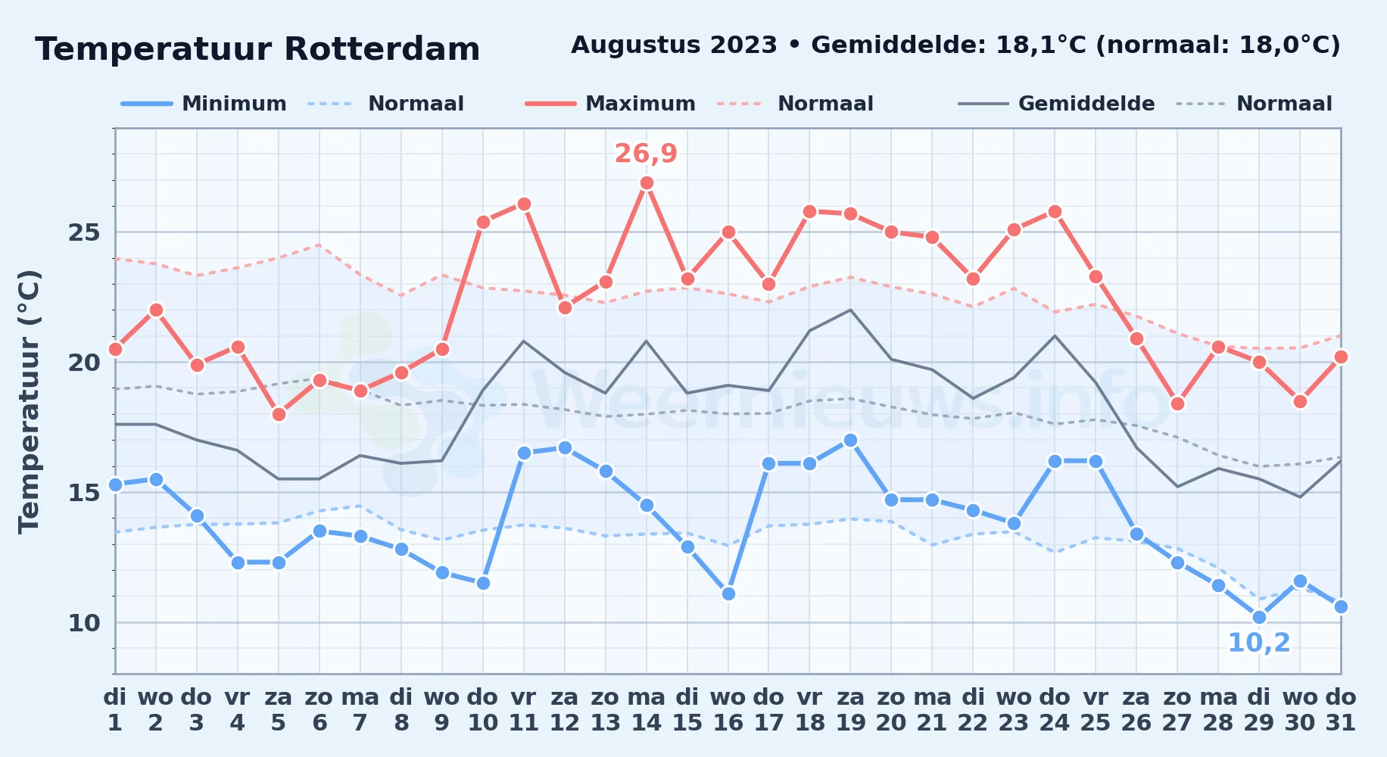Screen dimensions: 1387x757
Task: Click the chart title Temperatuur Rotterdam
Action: [x=257, y=49]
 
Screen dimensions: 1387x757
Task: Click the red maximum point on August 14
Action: [x=647, y=182]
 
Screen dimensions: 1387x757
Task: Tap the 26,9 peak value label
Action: [x=646, y=154]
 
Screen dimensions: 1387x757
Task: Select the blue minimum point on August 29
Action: [x=1259, y=617]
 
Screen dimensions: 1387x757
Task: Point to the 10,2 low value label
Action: [x=1259, y=643]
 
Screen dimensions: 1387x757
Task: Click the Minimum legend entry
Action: [x=204, y=104]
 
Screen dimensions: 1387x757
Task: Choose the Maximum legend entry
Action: [x=610, y=104]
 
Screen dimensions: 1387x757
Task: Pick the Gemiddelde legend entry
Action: [x=1057, y=104]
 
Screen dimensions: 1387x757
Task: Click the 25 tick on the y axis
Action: [x=84, y=232]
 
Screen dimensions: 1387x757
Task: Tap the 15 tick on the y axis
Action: [x=84, y=493]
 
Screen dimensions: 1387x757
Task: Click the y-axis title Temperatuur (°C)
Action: [x=29, y=402]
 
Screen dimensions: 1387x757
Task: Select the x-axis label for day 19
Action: [x=850, y=710]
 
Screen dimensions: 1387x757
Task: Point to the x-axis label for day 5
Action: [x=279, y=710]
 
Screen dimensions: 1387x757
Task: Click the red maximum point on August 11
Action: [x=524, y=204]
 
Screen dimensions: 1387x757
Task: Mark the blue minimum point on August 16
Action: [x=728, y=593]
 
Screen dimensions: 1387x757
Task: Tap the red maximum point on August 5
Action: [x=279, y=414]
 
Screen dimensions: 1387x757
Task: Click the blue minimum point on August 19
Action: [x=850, y=440]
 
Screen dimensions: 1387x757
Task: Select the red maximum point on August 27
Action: [x=1177, y=403]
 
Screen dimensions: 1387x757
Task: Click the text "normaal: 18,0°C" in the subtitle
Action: [x=1218, y=45]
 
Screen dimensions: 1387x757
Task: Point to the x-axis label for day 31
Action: [x=1341, y=710]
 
